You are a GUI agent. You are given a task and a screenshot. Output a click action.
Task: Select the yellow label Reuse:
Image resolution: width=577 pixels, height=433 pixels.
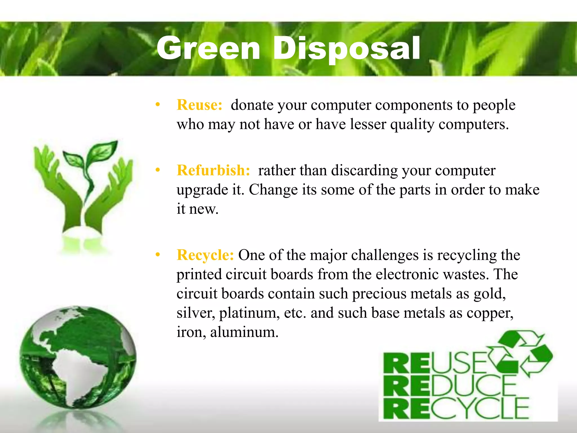point(199,105)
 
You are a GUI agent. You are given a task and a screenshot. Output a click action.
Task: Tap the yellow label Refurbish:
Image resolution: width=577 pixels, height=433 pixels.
point(213,171)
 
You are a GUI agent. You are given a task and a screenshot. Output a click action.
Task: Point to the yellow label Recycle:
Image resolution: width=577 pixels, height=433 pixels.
point(205,255)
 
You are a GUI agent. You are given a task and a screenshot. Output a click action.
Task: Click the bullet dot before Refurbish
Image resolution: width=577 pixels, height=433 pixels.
point(158,170)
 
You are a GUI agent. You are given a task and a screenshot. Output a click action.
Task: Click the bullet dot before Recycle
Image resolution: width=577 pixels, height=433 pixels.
point(158,255)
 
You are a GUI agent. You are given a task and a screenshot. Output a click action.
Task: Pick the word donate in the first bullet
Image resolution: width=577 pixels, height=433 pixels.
point(252,105)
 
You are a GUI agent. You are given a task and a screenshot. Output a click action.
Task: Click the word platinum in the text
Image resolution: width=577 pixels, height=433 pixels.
point(249,313)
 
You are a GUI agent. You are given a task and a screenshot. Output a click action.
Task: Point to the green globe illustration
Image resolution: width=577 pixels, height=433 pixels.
point(77,357)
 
